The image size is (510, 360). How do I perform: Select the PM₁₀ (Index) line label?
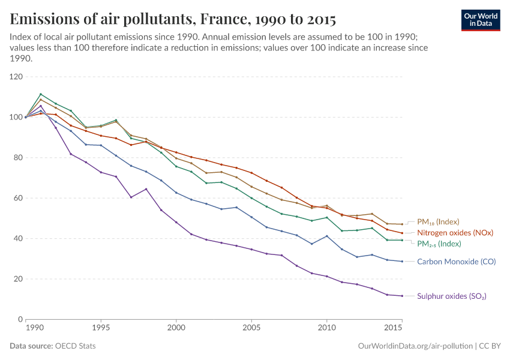438,221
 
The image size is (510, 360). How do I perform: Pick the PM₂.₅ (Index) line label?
438,244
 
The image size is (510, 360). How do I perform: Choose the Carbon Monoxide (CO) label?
456,262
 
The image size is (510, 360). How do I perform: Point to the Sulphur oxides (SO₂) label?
451,296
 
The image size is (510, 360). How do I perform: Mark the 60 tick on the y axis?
17,198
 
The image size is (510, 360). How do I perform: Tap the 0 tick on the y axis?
20,319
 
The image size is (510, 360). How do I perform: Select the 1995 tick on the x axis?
101,329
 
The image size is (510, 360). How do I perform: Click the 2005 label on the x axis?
251,329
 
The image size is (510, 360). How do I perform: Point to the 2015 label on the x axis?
394,329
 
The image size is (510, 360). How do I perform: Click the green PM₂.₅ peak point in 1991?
41,94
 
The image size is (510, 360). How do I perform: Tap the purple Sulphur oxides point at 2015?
401,296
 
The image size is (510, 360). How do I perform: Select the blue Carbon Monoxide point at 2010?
326,236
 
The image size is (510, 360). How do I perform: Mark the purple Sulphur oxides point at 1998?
146,189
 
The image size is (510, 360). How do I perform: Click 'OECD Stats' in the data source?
75,346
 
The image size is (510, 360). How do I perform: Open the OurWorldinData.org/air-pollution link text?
414,346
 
